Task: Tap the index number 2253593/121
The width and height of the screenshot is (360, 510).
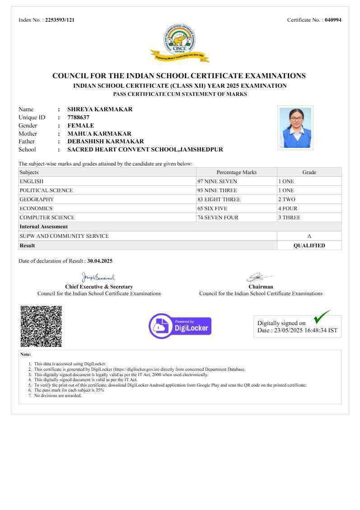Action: (60, 20)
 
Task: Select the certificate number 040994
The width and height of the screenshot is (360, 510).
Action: (333, 20)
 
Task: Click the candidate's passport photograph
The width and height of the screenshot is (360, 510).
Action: (295, 127)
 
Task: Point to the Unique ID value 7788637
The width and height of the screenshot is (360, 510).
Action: (78, 118)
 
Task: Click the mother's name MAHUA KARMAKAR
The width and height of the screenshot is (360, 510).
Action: (99, 134)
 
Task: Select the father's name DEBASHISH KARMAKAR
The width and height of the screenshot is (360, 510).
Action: (106, 142)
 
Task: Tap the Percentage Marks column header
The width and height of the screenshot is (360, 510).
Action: (236, 172)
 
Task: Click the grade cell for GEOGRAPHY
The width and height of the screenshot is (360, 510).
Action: (286, 199)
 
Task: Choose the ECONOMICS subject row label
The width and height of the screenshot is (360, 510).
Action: (36, 208)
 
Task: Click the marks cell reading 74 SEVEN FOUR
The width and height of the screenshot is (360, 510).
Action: (218, 217)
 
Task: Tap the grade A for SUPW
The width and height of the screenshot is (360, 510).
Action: (309, 236)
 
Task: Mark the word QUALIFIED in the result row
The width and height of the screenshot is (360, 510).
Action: (309, 246)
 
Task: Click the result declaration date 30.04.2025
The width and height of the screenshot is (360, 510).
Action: (100, 261)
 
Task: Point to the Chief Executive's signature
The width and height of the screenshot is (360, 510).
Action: (98, 277)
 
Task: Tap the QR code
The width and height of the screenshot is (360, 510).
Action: (41, 326)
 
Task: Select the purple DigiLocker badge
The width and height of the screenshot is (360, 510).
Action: (180, 326)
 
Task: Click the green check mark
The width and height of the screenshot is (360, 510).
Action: (321, 317)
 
